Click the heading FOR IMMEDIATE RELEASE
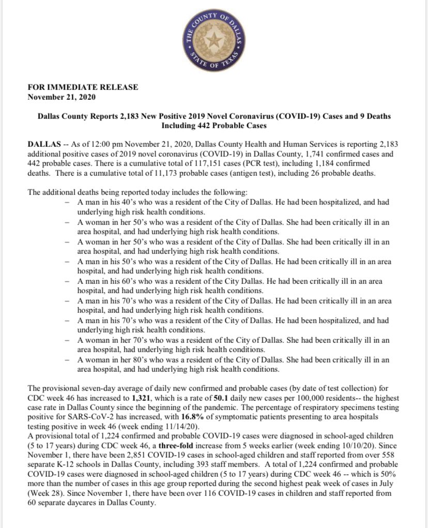[83, 87]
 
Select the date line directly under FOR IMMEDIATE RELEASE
[61, 96]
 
